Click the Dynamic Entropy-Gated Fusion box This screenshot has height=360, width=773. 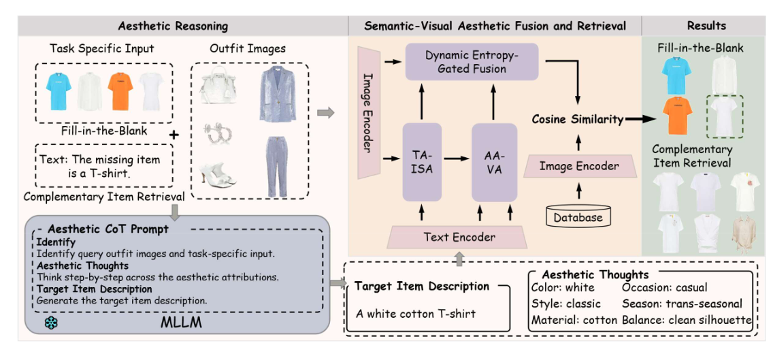coord(471,61)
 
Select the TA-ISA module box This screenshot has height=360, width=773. coord(422,162)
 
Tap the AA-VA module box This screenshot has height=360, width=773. coord(495,162)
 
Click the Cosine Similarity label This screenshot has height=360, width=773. coord(578,119)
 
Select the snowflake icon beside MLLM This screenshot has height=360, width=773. coord(51,322)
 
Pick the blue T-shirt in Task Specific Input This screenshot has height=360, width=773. coord(57,92)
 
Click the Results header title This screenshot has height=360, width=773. coord(706,26)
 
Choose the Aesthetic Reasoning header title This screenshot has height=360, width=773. coord(173,26)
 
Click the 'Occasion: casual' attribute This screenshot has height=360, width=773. coord(664,288)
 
